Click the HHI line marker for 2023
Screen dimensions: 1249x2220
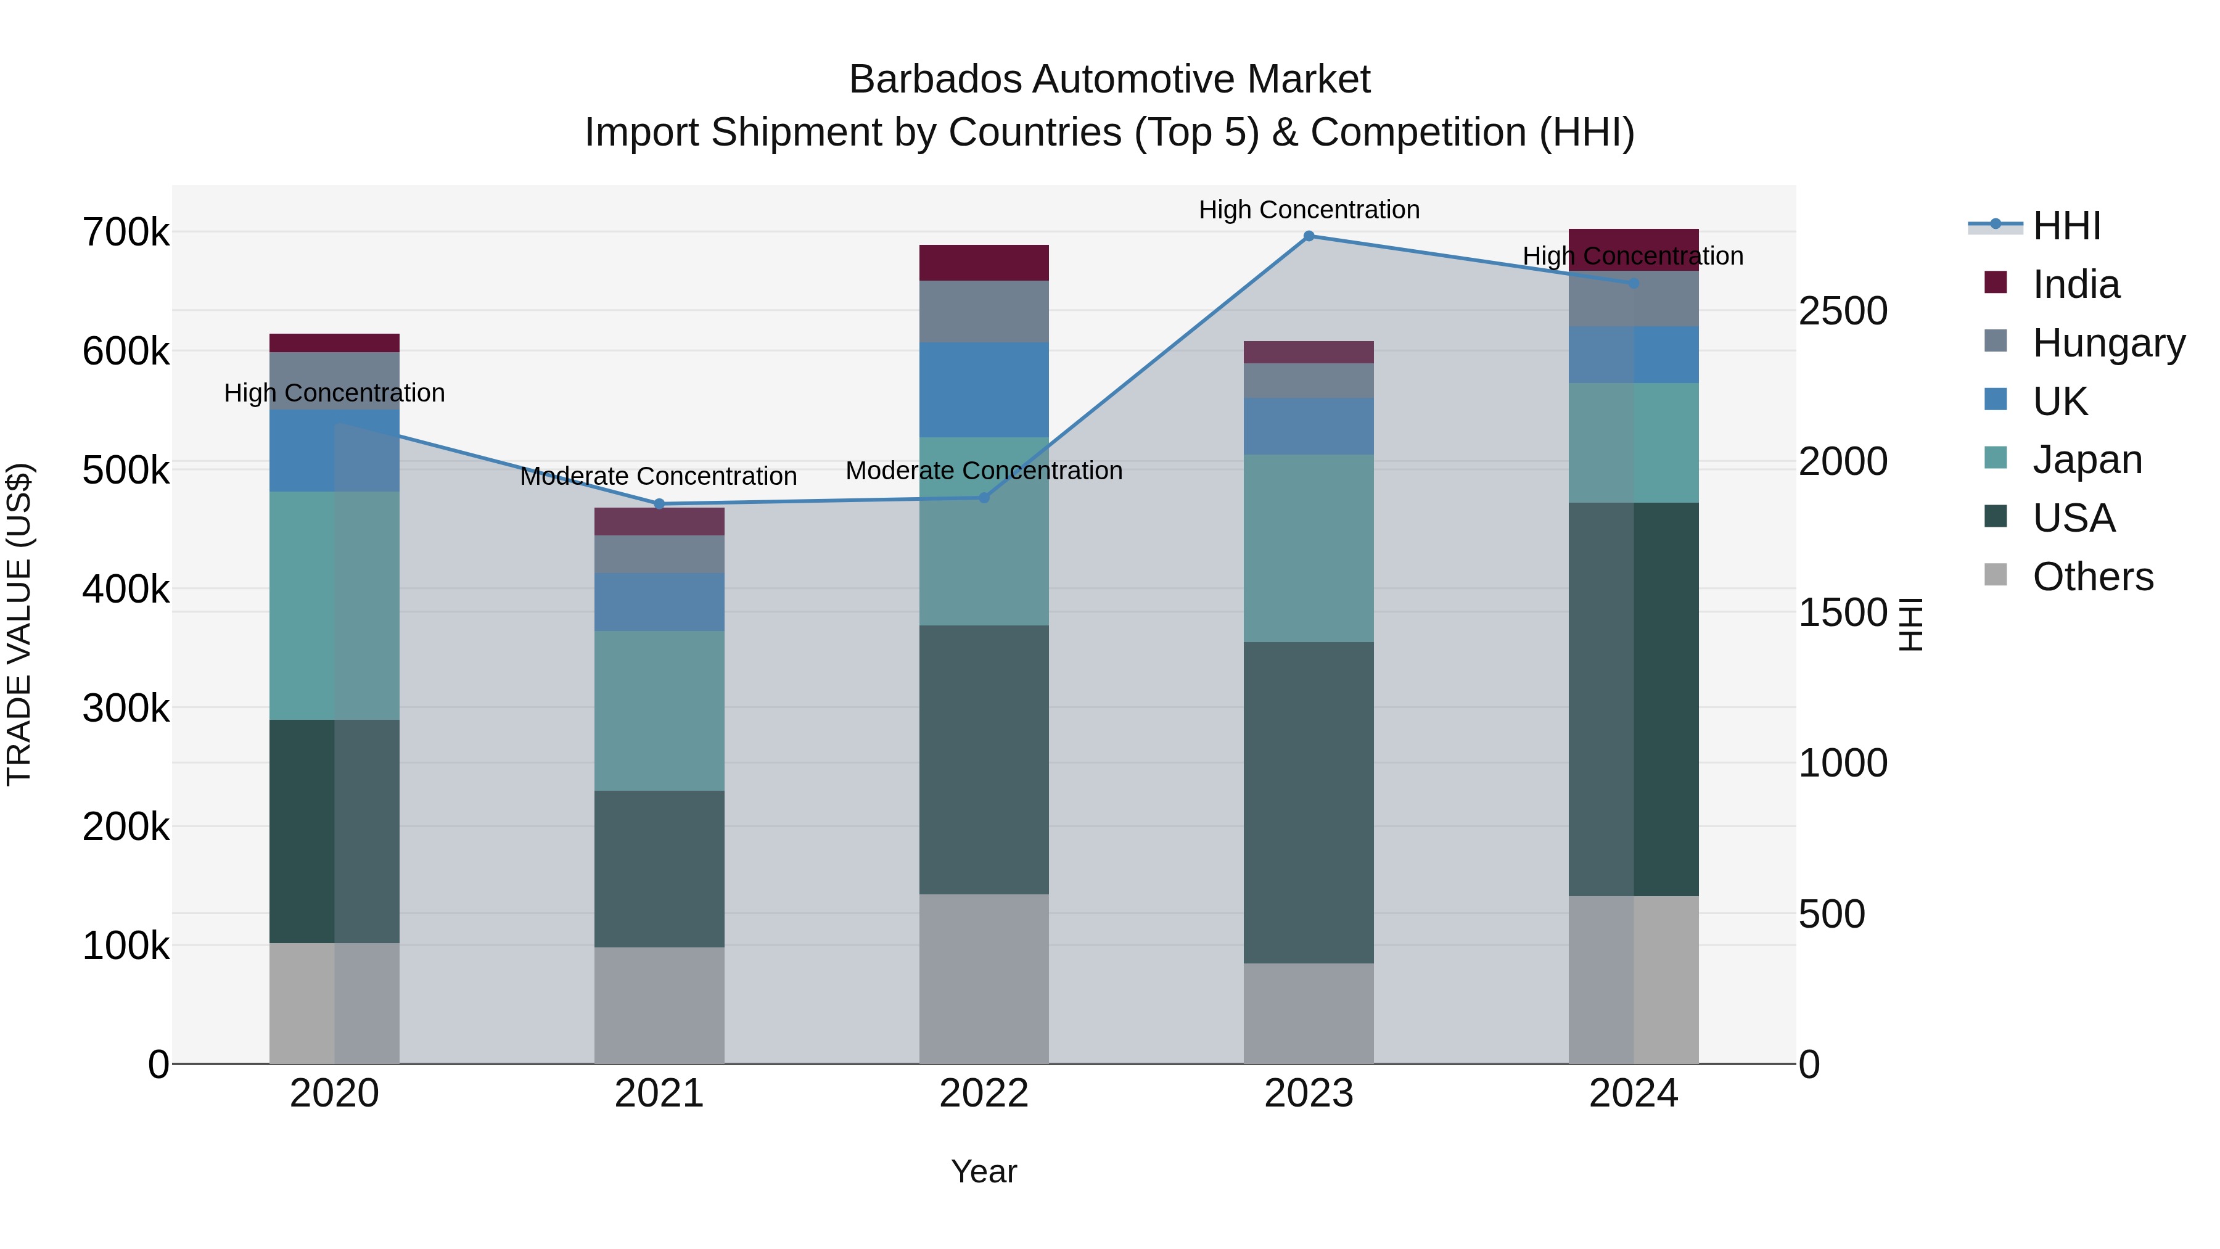coord(1308,236)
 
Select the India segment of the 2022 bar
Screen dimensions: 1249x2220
coord(984,263)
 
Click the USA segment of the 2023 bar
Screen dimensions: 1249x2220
coord(1308,802)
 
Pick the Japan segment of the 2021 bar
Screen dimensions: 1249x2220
coord(659,711)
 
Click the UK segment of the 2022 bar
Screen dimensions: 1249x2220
coord(984,390)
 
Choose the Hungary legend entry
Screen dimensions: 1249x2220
coord(2107,343)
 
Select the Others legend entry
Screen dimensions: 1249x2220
coord(2092,577)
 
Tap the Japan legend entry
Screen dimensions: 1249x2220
coord(2086,460)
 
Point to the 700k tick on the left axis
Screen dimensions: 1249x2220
coord(126,233)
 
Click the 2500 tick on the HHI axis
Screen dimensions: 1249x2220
coord(1843,311)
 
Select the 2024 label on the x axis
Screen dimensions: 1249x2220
coord(1633,1094)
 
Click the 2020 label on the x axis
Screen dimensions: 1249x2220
coord(334,1094)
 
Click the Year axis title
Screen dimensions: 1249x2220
coord(984,1171)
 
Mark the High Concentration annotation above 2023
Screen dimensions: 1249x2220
coord(1308,210)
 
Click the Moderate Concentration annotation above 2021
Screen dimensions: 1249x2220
coord(659,476)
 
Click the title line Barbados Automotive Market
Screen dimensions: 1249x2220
coord(1109,80)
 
